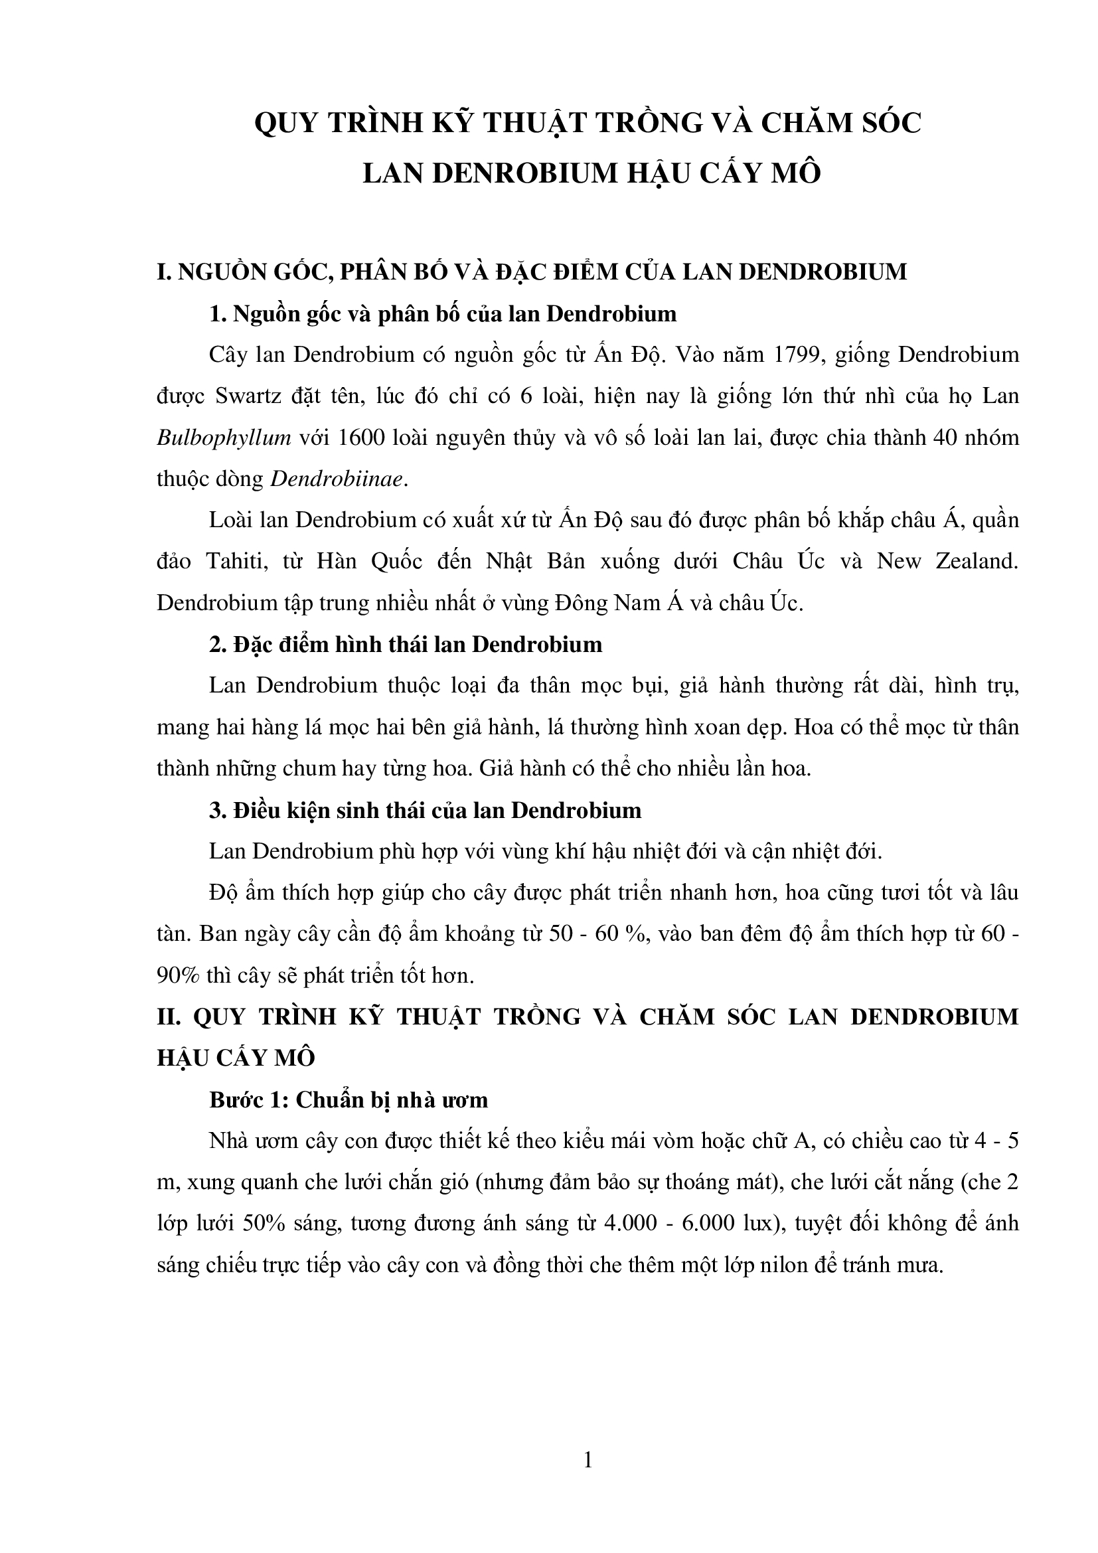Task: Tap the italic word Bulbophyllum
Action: (224, 438)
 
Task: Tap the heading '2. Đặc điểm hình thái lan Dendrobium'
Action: (406, 645)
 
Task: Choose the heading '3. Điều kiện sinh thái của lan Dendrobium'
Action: (426, 810)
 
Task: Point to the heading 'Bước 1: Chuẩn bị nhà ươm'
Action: (349, 1100)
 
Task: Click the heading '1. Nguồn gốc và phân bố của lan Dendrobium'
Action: (443, 314)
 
